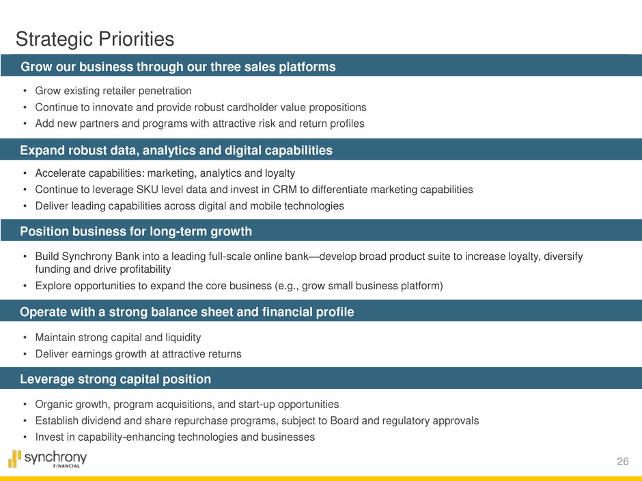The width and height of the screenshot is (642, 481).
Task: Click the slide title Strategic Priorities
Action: coord(95,40)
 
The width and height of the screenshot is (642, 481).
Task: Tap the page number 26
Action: coord(622,461)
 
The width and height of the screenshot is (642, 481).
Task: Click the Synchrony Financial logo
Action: coord(48,459)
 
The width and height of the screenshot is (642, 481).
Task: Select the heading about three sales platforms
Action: coord(178,67)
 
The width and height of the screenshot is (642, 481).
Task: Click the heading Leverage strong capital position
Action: coord(115,379)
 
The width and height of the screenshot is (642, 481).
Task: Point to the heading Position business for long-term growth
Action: coord(136,231)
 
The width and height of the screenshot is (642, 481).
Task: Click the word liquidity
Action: coord(183,338)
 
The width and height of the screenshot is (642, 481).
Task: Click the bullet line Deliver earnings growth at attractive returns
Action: coord(139,354)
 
